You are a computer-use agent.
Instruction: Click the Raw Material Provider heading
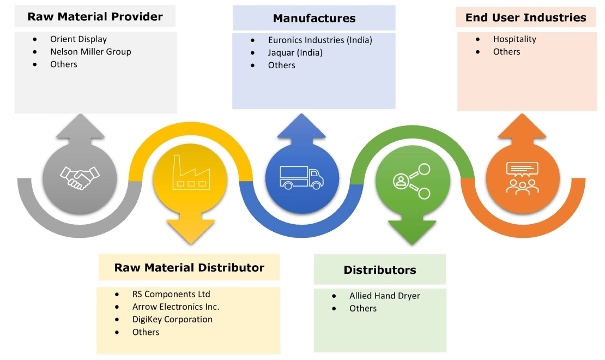(95, 16)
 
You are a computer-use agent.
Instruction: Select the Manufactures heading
(314, 19)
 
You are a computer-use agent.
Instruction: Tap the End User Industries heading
(525, 17)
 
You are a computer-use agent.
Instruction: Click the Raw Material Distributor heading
(189, 267)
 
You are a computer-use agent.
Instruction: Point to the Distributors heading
(380, 269)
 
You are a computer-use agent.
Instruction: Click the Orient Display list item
(78, 39)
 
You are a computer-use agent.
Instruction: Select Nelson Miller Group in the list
(90, 52)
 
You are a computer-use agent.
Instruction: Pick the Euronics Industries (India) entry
(320, 40)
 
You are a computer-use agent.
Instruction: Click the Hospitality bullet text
(515, 39)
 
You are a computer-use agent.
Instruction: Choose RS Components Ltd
(171, 294)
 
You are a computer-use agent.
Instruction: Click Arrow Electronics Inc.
(176, 307)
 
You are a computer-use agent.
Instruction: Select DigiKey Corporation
(172, 319)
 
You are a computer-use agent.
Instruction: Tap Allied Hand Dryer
(384, 296)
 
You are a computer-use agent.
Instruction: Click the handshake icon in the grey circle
(80, 178)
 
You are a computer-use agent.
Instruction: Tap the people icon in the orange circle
(522, 178)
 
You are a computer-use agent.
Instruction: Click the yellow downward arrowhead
(190, 232)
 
